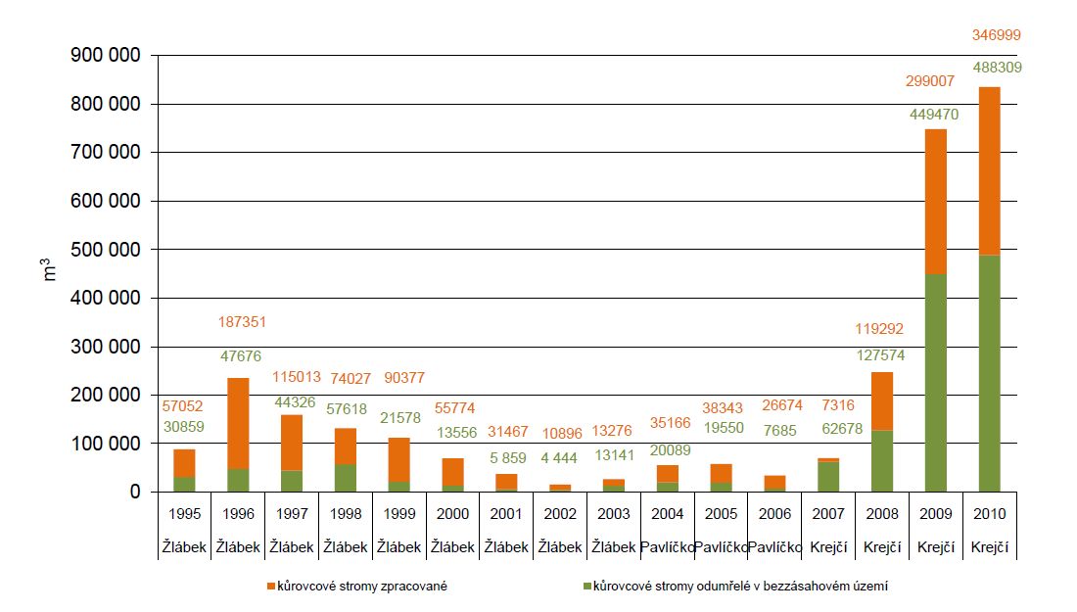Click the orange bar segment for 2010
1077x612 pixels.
click(x=990, y=171)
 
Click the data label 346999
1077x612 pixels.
click(x=990, y=34)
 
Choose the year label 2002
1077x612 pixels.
click(x=560, y=514)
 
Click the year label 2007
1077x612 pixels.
click(x=827, y=514)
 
